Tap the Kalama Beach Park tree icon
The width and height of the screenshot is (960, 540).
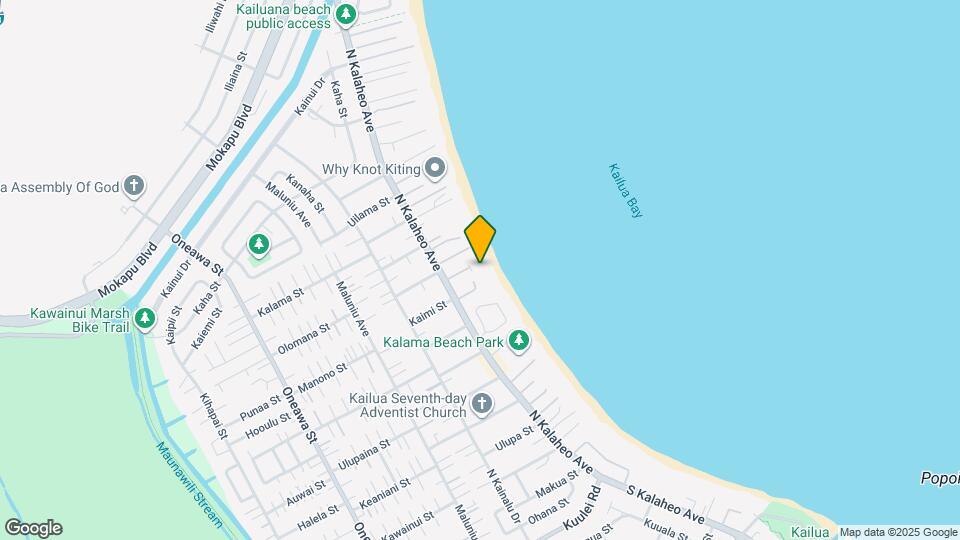[518, 341]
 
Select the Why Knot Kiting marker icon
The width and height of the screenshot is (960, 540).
[434, 168]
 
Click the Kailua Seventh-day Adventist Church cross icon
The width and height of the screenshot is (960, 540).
[482, 404]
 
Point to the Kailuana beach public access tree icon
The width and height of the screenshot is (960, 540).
[346, 14]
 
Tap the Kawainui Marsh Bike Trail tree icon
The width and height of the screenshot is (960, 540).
[145, 319]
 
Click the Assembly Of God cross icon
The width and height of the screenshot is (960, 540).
[134, 186]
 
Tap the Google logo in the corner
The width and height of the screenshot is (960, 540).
[33, 528]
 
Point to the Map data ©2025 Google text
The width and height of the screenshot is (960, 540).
[898, 532]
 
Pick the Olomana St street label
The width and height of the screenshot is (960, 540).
[304, 338]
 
